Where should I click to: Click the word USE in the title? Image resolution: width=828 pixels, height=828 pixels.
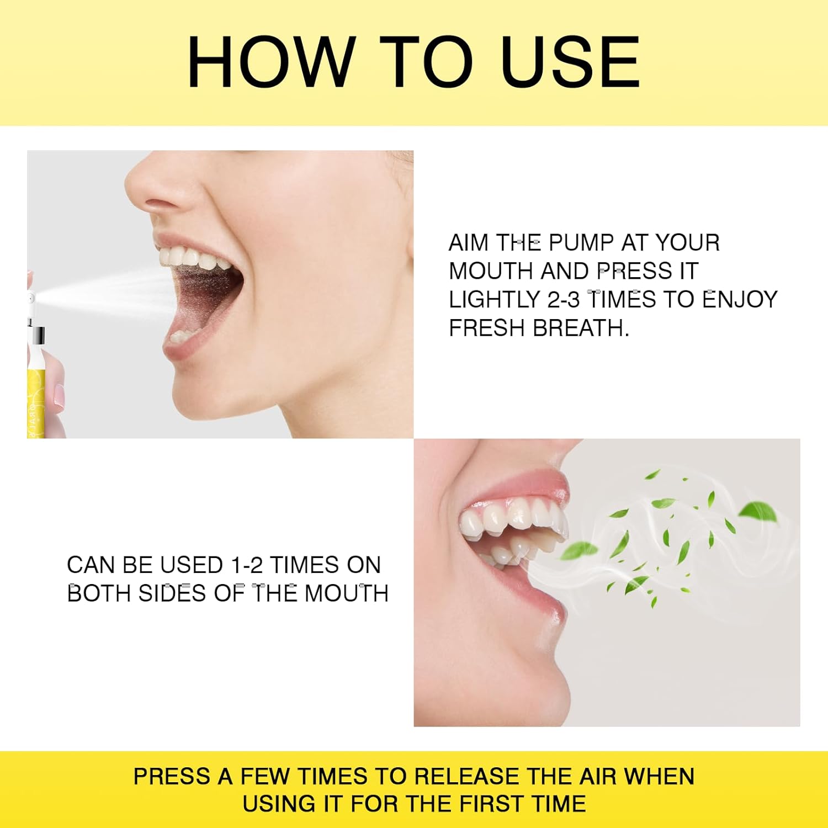[x=571, y=61]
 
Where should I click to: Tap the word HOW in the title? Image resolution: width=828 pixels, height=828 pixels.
[x=270, y=61]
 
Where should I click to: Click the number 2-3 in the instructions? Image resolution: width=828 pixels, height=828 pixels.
[x=564, y=300]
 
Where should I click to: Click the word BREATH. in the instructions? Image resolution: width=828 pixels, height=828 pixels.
[x=581, y=328]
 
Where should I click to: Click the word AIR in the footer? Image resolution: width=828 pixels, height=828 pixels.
[x=599, y=777]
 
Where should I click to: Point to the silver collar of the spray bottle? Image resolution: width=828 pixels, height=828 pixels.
[x=39, y=335]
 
